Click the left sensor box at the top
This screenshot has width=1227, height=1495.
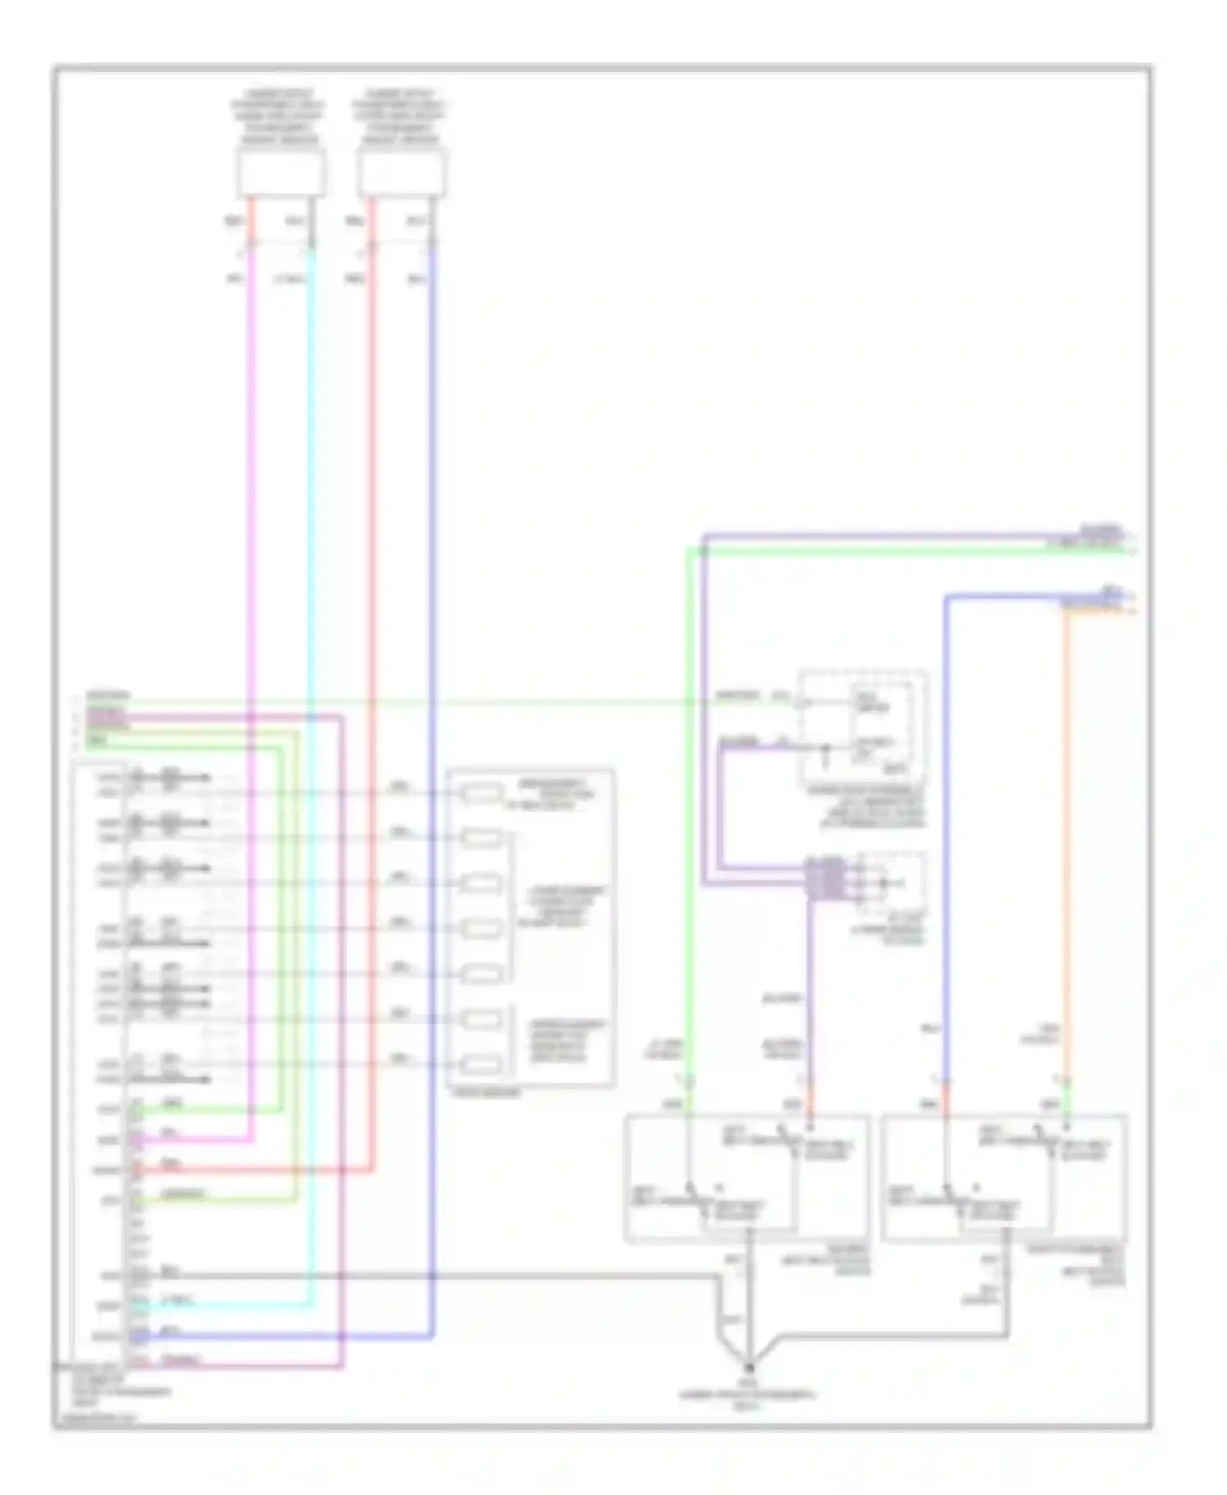coord(281,173)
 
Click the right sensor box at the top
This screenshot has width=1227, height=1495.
coord(402,173)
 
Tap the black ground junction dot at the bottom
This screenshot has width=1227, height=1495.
coord(748,1367)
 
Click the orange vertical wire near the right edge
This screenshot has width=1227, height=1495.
coord(1066,818)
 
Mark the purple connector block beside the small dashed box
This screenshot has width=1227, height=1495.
coord(824,879)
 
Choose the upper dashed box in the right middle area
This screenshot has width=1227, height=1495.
coord(862,728)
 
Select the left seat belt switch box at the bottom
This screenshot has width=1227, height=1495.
coord(746,1178)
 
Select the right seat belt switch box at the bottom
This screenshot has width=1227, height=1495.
coord(1005,1178)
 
